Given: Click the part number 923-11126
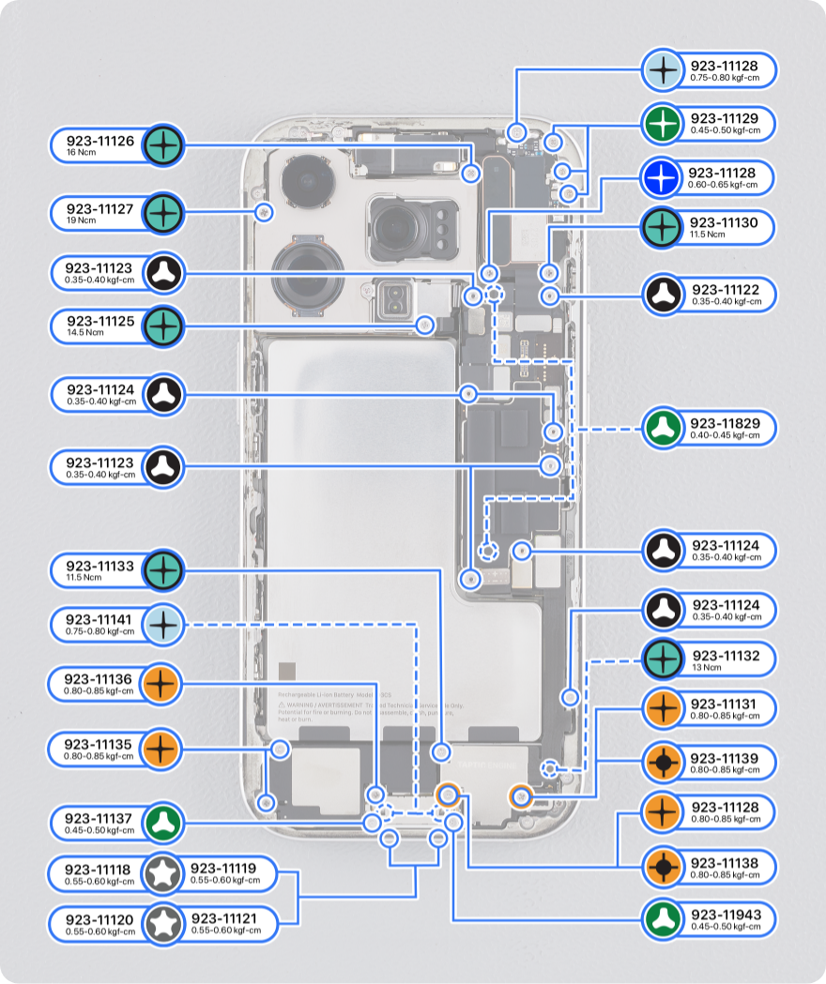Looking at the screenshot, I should tap(100, 142).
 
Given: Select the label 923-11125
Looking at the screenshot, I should tap(100, 322).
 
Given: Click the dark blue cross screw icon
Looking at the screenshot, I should tap(663, 178).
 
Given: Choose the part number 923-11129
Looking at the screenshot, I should tap(724, 119).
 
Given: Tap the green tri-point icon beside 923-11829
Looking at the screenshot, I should tap(663, 430).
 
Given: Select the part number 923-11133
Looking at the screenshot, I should tap(99, 567).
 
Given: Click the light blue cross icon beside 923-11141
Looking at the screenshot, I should tap(163, 625).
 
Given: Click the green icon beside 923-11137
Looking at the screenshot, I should tap(163, 824).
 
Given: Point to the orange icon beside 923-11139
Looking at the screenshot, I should tap(663, 764).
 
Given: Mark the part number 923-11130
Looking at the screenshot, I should tap(725, 222).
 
